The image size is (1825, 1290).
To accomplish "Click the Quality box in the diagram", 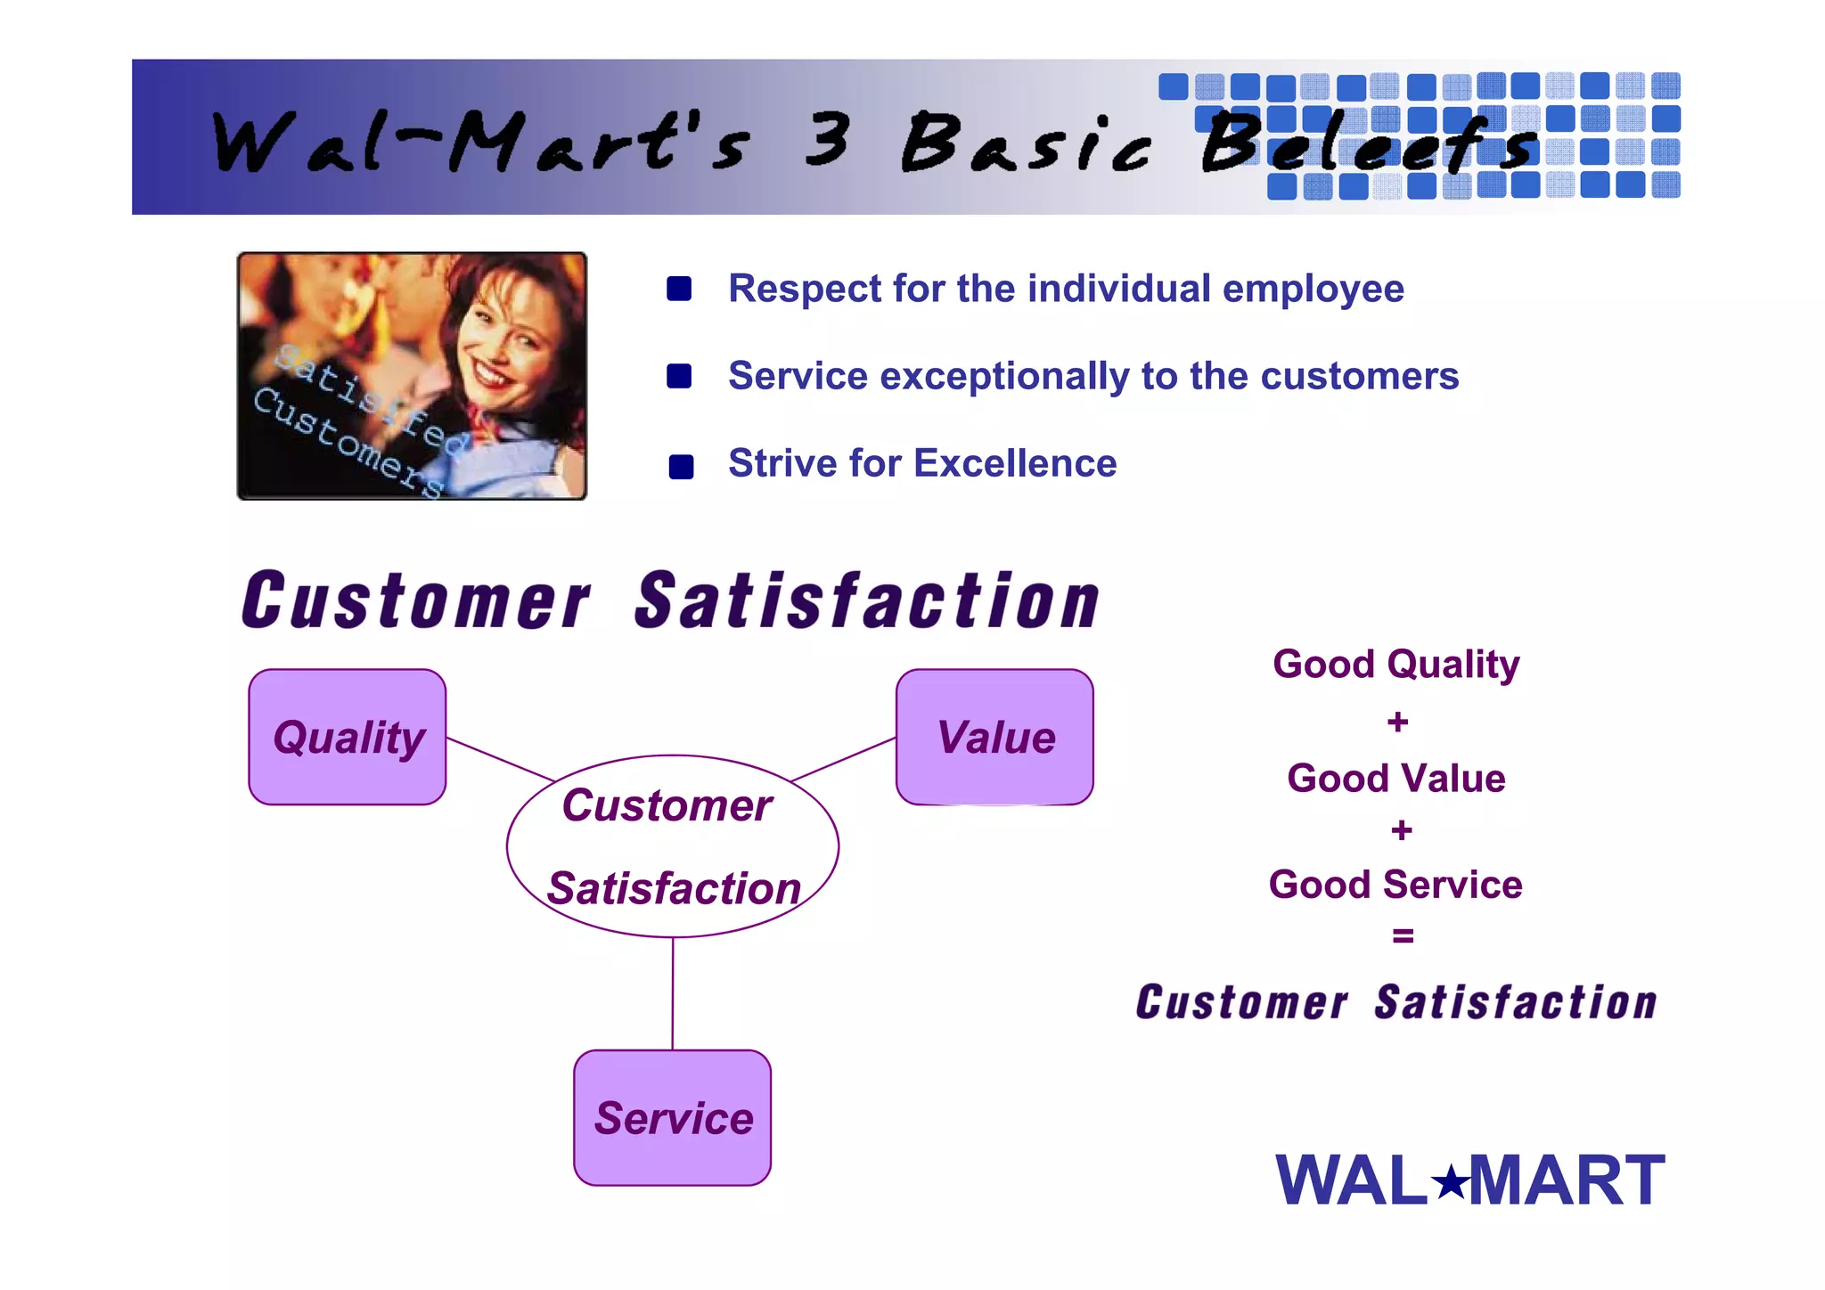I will point(348,737).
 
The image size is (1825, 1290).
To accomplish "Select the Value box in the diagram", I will point(994,737).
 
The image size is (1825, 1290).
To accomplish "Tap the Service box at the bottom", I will point(673,1117).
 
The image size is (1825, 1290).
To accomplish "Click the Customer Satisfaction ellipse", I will point(673,846).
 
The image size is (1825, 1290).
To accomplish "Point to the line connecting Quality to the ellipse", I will point(501,760).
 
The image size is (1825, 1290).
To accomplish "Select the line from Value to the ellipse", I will point(843,760).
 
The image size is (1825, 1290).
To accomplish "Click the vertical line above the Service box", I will point(673,993).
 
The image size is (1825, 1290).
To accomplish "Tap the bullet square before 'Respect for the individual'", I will point(679,289).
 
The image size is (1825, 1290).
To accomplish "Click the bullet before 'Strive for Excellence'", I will point(681,466).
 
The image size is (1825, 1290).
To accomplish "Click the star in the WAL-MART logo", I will point(1450,1183).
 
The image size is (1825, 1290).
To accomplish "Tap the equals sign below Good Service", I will point(1402,935).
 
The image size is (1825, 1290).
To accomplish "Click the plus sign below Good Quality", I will point(1397,722).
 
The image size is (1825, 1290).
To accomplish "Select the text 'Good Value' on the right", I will point(1395,778).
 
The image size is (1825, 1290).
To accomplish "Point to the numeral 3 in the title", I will point(826,140).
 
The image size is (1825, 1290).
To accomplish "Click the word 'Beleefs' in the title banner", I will point(1368,144).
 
